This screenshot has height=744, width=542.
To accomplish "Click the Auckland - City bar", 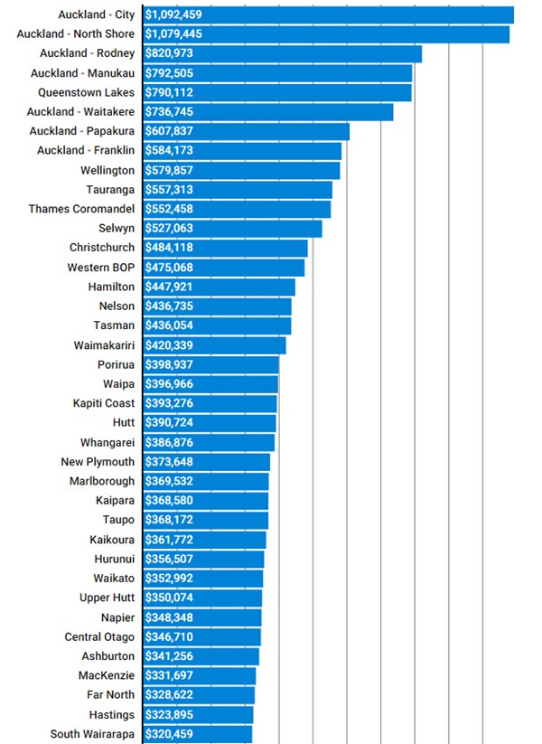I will click(361, 14).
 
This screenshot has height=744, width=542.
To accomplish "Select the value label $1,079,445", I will click(173, 34).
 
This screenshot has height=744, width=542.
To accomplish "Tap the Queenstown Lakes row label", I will click(86, 92).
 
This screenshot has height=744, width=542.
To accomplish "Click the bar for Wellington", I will click(271, 170).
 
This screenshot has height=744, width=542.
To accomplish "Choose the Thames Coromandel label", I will click(81, 209).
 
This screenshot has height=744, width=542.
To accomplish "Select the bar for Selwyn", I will click(262, 228).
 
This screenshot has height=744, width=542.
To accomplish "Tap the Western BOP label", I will click(100, 268).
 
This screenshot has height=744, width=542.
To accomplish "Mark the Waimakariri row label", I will click(104, 345).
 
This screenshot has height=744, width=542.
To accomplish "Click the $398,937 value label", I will click(168, 364).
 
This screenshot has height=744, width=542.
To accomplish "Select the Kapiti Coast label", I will click(104, 403).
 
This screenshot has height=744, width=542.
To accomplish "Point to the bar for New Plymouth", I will click(235, 462).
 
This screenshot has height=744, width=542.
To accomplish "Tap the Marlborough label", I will click(101, 481).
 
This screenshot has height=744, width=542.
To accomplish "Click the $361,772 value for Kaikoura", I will click(168, 540).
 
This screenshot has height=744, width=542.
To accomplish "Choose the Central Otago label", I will click(99, 636).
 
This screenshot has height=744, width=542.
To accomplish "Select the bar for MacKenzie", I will click(226, 675).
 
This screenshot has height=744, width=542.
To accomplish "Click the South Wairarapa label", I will click(92, 734).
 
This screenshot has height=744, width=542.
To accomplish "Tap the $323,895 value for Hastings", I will click(168, 714).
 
